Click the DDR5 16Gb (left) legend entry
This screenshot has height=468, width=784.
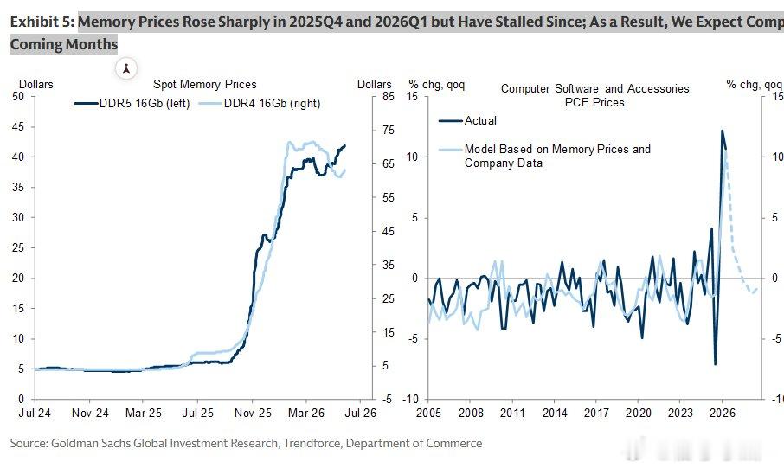(x=132, y=104)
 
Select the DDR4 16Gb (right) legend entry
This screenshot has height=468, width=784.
(x=260, y=104)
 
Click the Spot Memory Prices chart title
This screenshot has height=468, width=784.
(x=204, y=85)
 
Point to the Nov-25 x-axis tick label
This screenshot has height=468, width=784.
(x=252, y=413)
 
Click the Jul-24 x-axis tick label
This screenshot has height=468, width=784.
(x=35, y=413)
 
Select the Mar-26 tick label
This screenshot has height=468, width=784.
(x=306, y=413)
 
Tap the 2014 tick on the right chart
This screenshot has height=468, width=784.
(x=555, y=413)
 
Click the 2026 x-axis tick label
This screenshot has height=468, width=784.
(x=723, y=413)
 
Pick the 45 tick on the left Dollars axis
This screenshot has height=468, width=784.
(x=18, y=127)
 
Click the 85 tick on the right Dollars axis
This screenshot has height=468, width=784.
(x=389, y=96)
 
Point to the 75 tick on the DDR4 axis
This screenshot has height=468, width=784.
(x=389, y=130)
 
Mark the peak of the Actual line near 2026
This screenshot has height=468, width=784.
(x=722, y=131)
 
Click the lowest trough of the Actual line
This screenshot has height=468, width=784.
(x=715, y=364)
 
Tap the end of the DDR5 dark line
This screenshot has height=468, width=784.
(x=344, y=145)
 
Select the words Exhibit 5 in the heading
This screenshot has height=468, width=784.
(x=42, y=22)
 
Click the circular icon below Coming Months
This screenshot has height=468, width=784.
(x=126, y=68)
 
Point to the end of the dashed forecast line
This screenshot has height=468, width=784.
(x=757, y=289)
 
